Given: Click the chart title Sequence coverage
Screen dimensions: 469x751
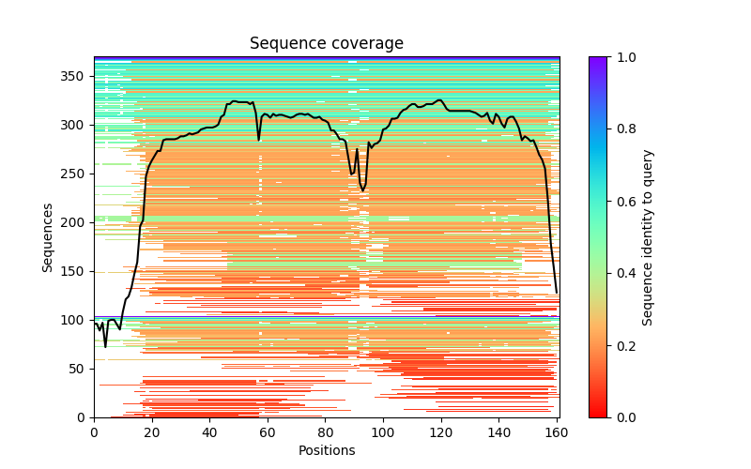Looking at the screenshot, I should (326, 44).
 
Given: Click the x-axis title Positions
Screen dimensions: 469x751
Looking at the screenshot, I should (326, 450).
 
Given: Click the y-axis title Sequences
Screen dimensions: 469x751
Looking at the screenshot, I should (48, 236).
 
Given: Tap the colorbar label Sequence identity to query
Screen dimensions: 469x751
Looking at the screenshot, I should (648, 236).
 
